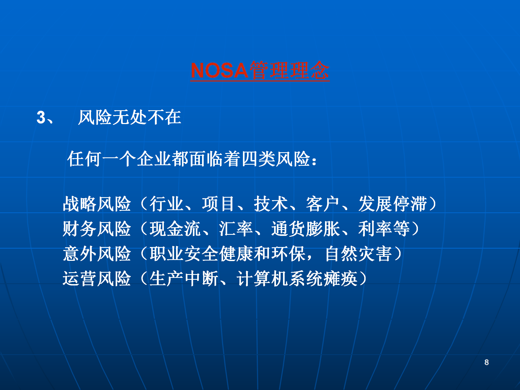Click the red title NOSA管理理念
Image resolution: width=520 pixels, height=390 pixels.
(x=260, y=70)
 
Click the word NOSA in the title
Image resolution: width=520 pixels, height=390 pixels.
(x=219, y=71)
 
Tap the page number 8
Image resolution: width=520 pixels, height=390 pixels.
(x=487, y=362)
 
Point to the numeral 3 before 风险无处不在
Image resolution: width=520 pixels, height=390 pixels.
(x=41, y=118)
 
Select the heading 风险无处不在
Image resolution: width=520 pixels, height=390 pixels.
(x=129, y=118)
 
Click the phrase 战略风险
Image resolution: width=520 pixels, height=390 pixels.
(x=97, y=204)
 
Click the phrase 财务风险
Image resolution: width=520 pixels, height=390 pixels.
(x=97, y=229)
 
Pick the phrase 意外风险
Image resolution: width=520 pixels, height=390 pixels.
(x=97, y=254)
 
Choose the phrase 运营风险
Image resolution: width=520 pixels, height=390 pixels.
(x=97, y=279)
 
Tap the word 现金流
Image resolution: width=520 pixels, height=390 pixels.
(x=175, y=229)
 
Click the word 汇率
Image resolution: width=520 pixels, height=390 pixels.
(x=236, y=229)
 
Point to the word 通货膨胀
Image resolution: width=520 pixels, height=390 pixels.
(x=305, y=229)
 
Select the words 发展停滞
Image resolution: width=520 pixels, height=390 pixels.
(x=392, y=204)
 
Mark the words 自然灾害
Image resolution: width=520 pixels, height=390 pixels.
(x=358, y=254)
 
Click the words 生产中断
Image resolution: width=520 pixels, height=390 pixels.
(x=184, y=279)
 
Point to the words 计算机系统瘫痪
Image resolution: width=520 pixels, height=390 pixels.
(x=297, y=279)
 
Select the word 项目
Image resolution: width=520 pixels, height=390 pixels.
(x=219, y=204)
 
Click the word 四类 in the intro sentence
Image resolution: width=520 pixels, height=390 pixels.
(x=258, y=159)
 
